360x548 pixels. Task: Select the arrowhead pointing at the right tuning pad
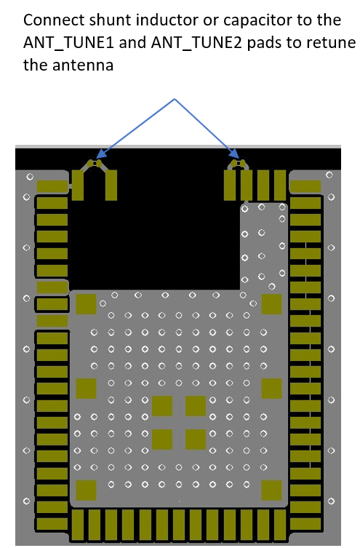tap(235, 154)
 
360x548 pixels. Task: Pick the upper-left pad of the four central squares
tap(162, 406)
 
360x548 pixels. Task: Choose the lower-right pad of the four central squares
tap(195, 439)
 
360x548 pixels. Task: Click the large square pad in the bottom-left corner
tap(86, 490)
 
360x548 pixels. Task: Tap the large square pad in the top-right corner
tap(272, 304)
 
